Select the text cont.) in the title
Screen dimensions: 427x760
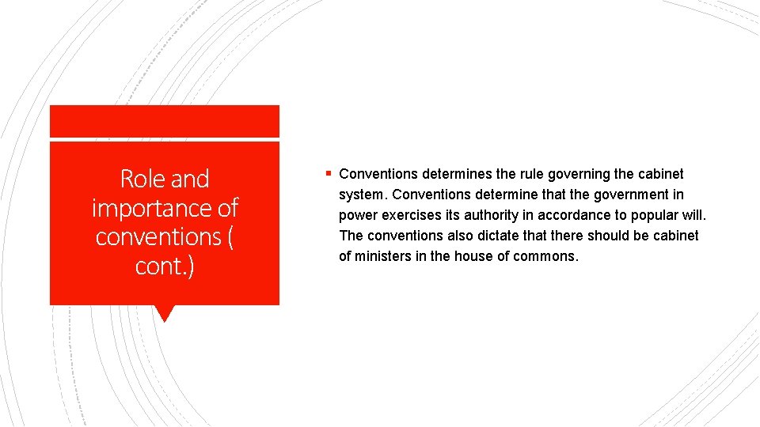(165, 266)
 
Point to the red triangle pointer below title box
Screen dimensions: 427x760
(164, 313)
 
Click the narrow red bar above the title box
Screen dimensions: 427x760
(164, 121)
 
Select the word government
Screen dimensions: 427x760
(617, 195)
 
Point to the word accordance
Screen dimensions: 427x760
(574, 215)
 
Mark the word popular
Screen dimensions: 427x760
(654, 215)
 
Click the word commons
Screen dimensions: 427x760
(546, 256)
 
